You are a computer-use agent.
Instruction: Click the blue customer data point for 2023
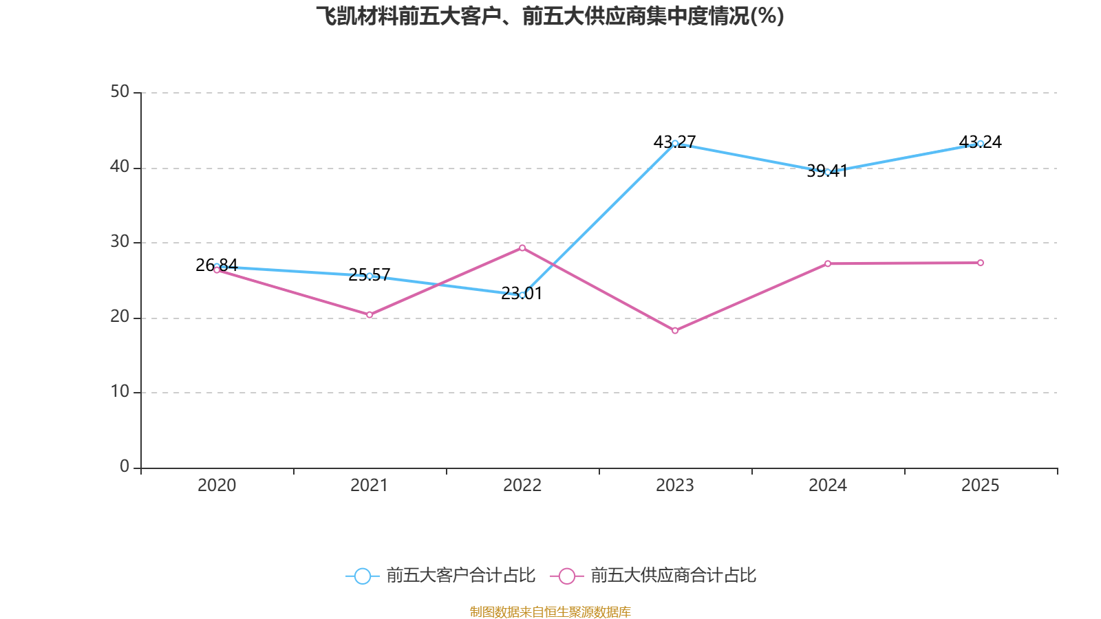pos(675,143)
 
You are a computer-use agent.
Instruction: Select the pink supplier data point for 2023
pos(675,331)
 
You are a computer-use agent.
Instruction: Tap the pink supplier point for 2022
pos(522,248)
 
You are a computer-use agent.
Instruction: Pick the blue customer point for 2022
pos(522,295)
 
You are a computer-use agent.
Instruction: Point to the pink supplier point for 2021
pos(370,315)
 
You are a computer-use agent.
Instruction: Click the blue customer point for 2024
pos(828,172)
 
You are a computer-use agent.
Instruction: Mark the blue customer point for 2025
pos(981,144)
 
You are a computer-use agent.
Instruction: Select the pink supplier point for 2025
pos(981,263)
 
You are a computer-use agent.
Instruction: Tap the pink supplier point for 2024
pos(828,263)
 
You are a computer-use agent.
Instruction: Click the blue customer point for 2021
pos(370,276)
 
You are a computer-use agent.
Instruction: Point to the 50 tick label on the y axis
pos(120,91)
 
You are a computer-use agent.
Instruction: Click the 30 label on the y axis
pos(120,241)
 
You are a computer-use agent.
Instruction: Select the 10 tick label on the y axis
pos(120,391)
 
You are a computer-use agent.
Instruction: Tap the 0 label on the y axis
pos(125,466)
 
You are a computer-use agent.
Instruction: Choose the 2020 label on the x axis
pos(217,486)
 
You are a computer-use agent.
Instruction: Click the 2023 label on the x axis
pos(675,486)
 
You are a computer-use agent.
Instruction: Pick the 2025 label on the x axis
pos(981,486)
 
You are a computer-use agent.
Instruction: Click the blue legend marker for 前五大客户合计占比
pos(363,576)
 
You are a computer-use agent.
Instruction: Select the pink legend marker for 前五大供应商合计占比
pos(566,576)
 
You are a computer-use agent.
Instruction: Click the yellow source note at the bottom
pos(550,611)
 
